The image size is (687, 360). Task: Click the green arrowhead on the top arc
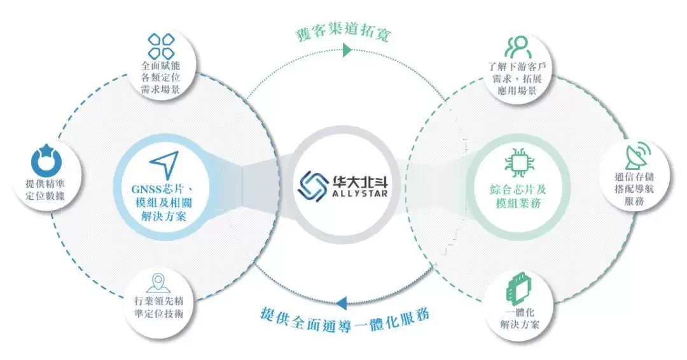347,50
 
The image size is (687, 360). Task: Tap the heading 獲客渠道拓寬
344,32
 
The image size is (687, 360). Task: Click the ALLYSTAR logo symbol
314,184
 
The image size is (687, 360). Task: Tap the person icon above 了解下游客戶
518,47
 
